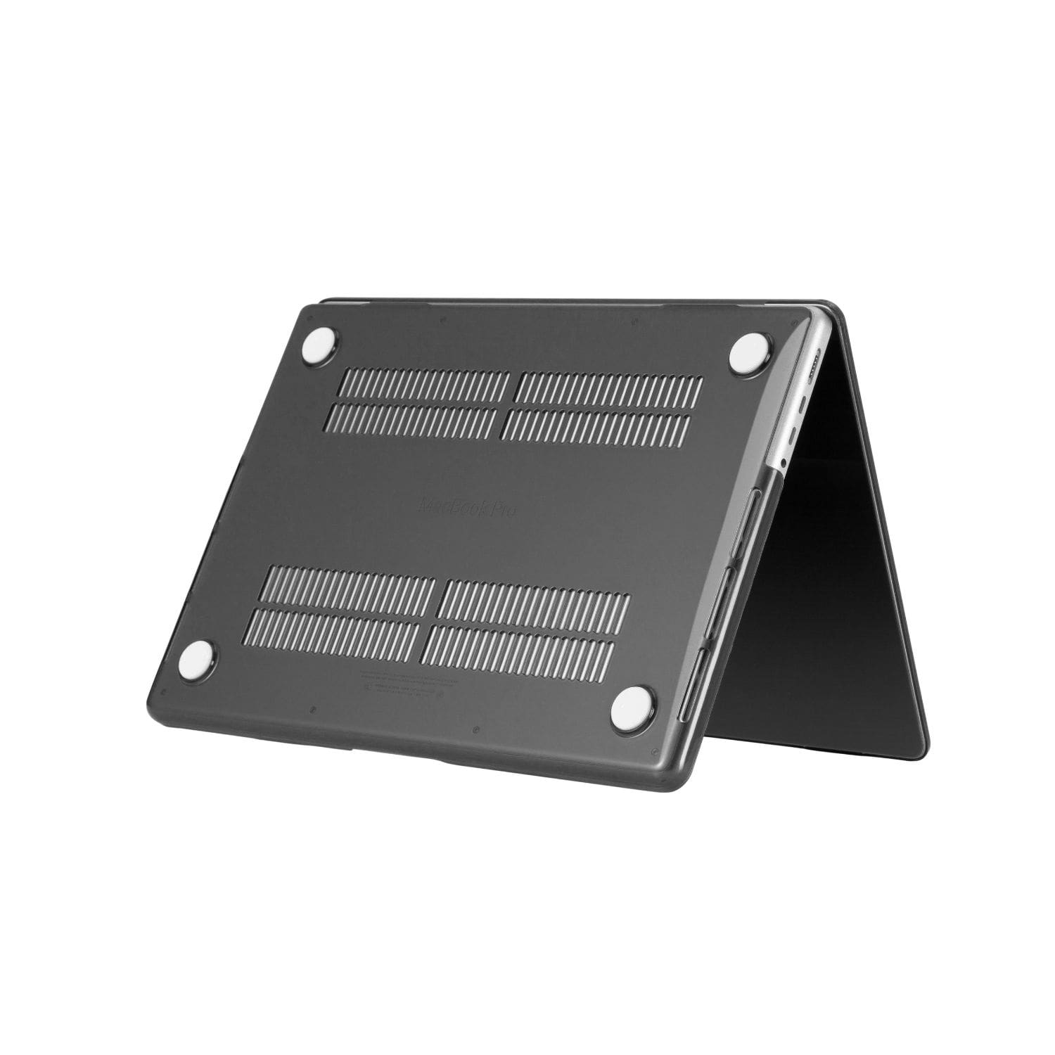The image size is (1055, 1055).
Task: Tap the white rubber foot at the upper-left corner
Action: click(319, 344)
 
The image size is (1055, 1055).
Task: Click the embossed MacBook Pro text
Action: click(467, 507)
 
